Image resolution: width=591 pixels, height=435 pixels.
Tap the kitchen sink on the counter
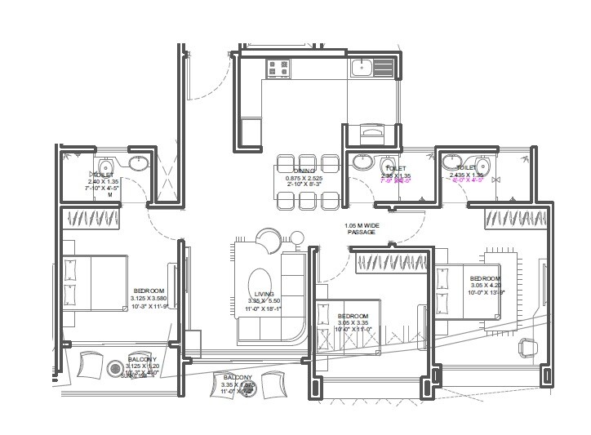pos(362,67)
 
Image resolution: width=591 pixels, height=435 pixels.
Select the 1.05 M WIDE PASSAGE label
pos(361,229)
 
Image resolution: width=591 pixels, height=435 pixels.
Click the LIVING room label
pos(264,294)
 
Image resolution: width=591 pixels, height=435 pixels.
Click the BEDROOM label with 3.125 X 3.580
pos(149,291)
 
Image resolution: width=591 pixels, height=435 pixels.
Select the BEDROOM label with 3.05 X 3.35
pos(353,316)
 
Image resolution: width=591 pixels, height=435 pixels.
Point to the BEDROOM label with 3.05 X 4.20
pos(485,278)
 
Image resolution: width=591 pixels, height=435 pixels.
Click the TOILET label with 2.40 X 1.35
pos(103,174)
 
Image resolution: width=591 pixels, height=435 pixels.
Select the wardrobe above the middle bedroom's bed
pos(392,262)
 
